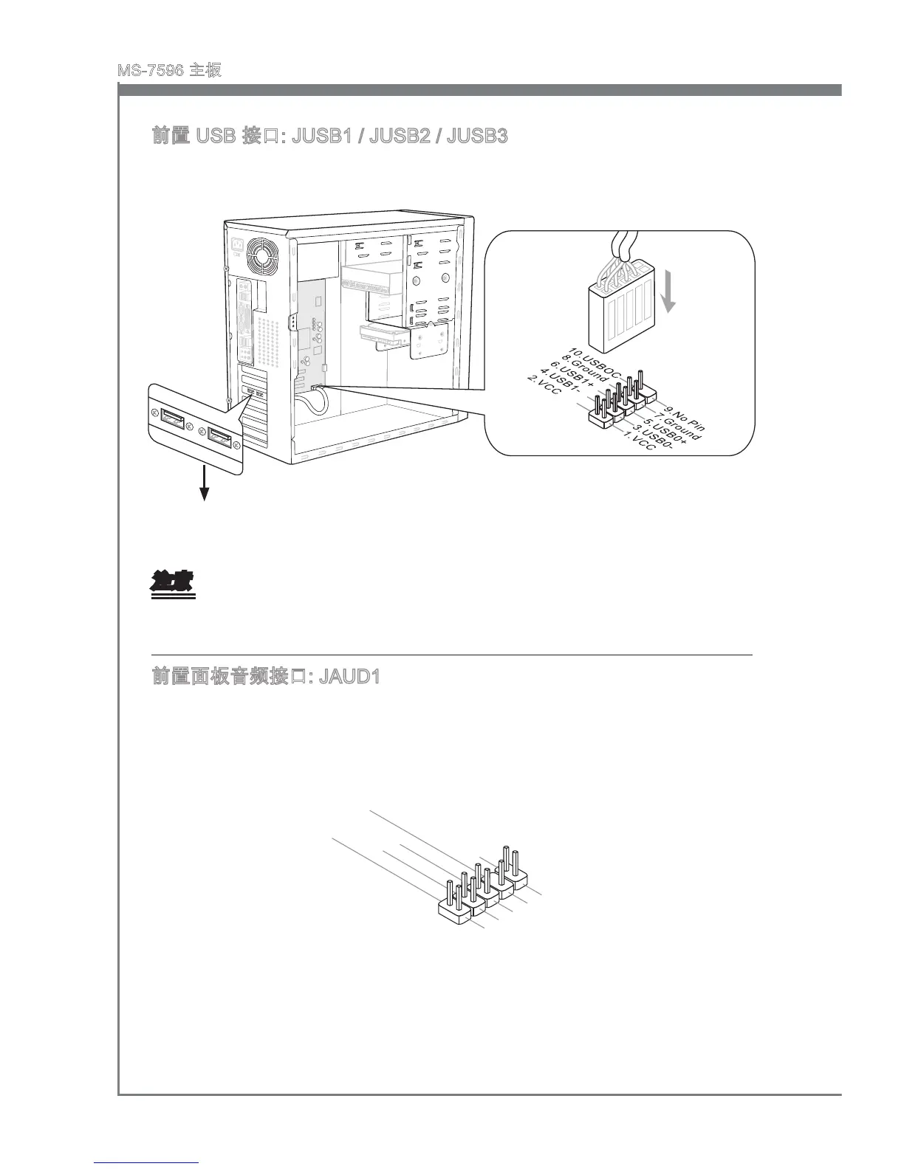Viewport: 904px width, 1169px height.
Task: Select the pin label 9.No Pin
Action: coord(684,417)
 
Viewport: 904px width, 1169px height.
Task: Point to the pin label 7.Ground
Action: coord(677,427)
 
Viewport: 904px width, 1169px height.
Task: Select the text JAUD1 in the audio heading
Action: coord(349,676)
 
